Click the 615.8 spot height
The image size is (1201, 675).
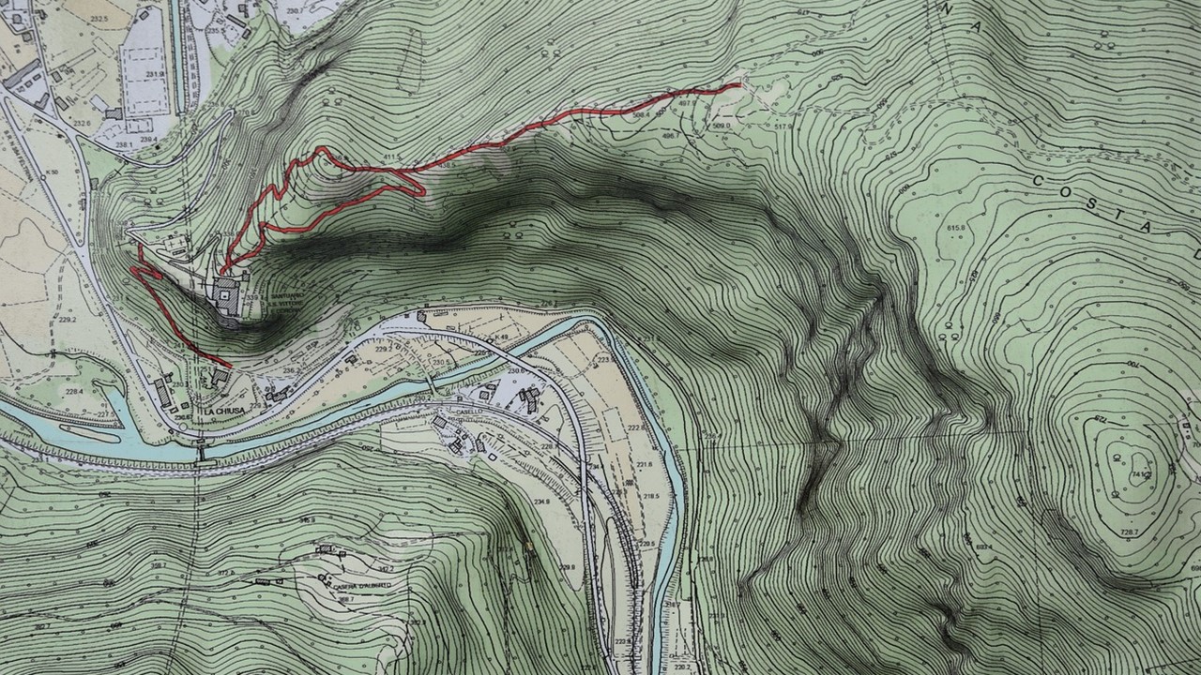pyautogui.click(x=957, y=228)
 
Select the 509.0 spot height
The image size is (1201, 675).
pyautogui.click(x=721, y=125)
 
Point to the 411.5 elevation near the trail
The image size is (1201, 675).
pyautogui.click(x=393, y=156)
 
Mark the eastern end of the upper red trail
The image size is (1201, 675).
pyautogui.click(x=739, y=85)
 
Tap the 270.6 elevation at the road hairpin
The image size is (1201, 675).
pyautogui.click(x=246, y=113)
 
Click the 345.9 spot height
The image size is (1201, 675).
pyautogui.click(x=306, y=518)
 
